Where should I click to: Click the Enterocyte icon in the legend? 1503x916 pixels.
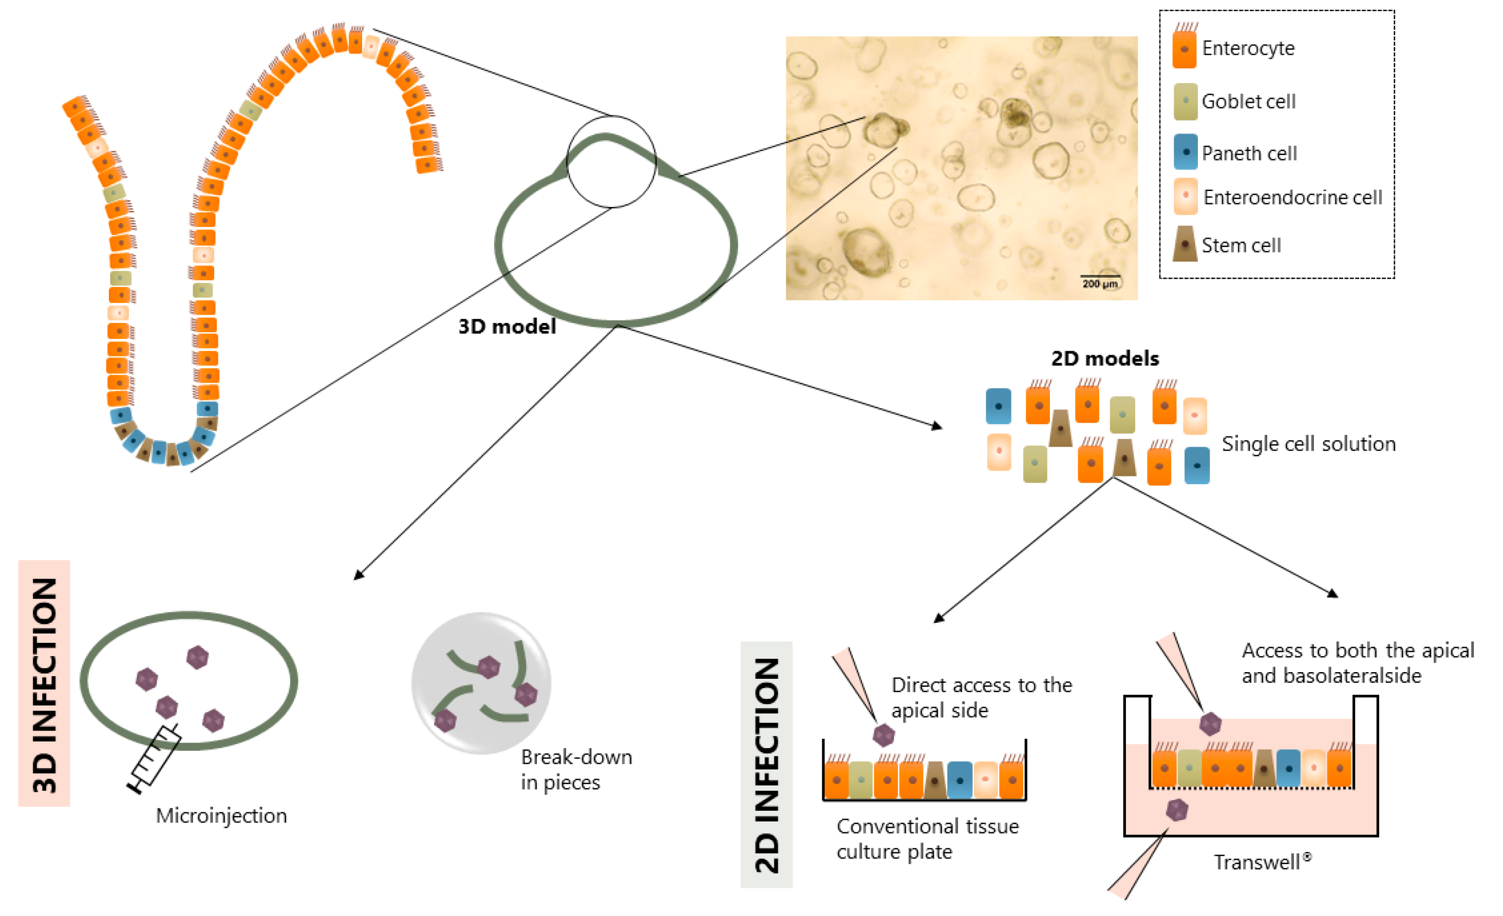[1184, 49]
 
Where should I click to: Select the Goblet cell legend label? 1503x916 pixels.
[1248, 101]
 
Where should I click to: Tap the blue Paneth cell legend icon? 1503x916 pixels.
[1185, 152]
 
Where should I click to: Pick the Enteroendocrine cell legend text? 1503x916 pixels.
[1292, 198]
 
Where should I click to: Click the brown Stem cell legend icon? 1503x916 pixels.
[1185, 244]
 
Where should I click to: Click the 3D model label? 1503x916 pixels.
[507, 327]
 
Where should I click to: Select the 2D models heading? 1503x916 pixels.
[1105, 358]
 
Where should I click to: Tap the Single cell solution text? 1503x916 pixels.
[1308, 444]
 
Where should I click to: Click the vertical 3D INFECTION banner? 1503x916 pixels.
[45, 683]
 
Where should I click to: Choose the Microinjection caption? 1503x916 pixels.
[221, 816]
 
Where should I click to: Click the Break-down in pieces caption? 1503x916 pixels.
[575, 770]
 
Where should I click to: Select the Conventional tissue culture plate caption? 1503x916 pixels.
[927, 838]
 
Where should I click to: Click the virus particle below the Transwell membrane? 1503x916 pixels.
[1177, 810]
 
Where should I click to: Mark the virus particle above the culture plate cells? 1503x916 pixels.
[884, 735]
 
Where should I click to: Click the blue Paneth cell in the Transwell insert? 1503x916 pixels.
[1288, 768]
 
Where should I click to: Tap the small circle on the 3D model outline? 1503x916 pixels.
[611, 162]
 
